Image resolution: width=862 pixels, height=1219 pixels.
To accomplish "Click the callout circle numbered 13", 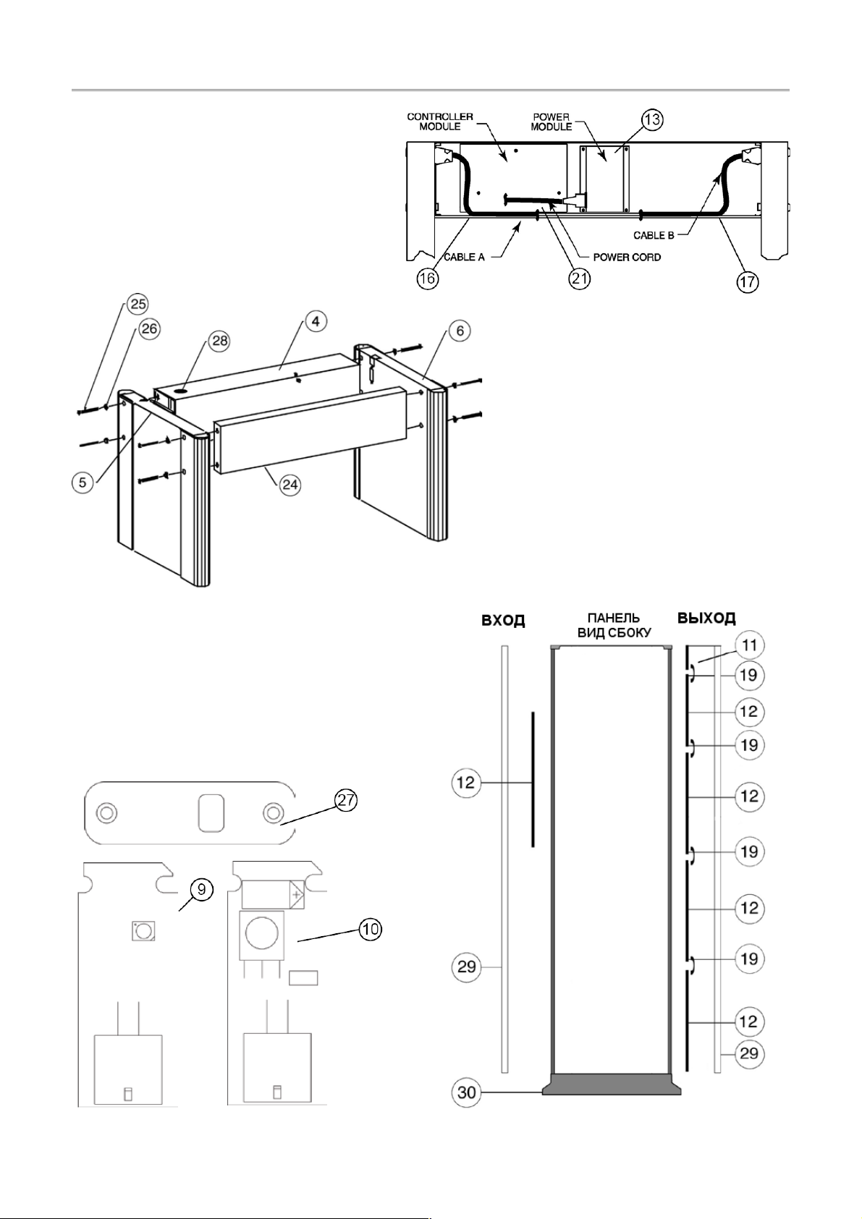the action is click(651, 119).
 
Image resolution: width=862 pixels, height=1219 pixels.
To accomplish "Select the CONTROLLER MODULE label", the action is click(440, 122).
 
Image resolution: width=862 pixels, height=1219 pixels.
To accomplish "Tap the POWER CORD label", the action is click(627, 258).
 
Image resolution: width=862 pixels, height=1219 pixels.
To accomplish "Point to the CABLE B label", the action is click(654, 236).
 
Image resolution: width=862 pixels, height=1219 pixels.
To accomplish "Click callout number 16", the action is click(428, 279).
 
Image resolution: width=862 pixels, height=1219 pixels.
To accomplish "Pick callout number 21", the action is click(580, 279).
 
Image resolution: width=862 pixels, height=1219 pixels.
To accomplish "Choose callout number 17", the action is click(748, 282).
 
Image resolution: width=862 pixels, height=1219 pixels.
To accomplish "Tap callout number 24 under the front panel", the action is click(290, 484).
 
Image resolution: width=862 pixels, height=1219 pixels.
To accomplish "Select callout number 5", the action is click(83, 482).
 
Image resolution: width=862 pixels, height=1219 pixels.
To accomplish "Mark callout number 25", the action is click(138, 304).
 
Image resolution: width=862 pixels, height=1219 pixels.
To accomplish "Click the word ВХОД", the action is click(502, 621).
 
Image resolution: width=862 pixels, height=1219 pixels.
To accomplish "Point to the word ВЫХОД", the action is click(706, 619).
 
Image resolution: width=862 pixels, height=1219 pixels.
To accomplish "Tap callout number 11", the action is click(749, 645).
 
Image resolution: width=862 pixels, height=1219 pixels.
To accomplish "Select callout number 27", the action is click(346, 801).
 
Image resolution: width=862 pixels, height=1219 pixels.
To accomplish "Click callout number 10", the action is click(371, 929).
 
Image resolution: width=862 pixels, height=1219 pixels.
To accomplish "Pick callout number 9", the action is click(201, 889).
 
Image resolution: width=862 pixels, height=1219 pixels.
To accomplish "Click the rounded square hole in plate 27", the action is click(211, 813).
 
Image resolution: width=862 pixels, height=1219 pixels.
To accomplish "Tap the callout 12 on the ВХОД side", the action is click(466, 783).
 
